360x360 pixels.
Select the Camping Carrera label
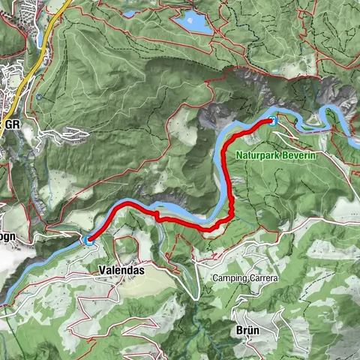245,278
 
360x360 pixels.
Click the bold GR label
12,124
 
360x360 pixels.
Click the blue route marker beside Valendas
89,240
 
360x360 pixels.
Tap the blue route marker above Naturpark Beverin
273,120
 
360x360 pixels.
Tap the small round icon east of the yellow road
38,97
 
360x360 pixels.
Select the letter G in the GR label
8,124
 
